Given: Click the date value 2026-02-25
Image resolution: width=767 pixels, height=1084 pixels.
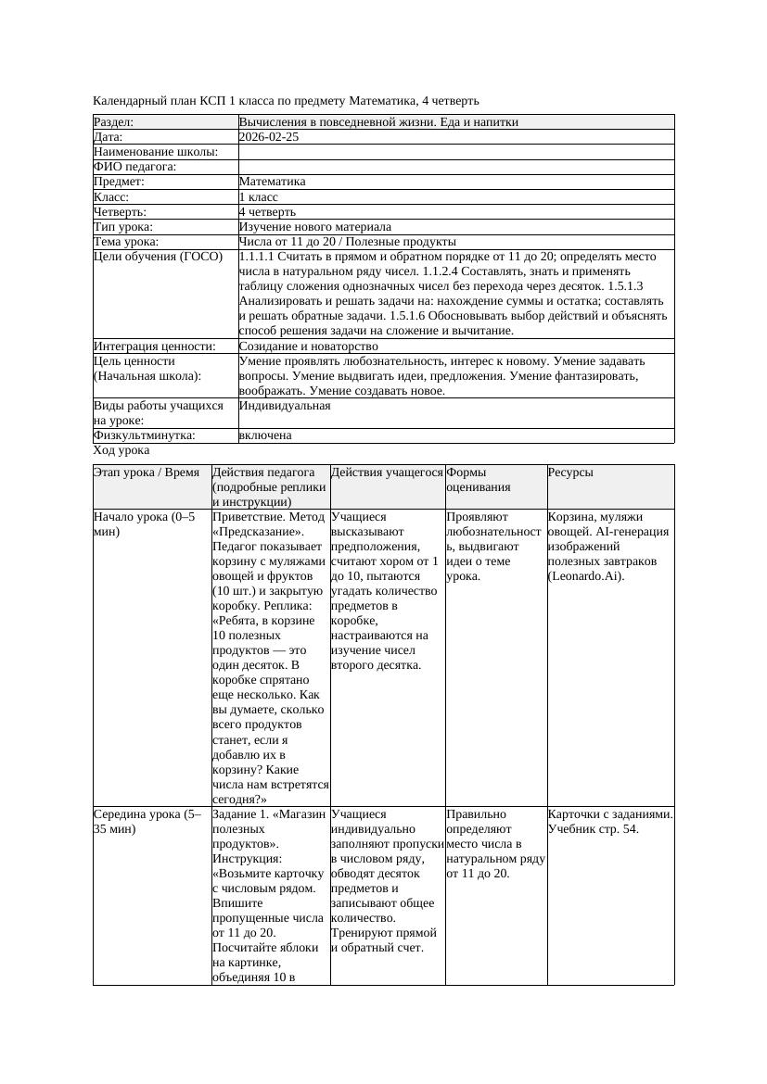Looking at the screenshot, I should [x=269, y=136].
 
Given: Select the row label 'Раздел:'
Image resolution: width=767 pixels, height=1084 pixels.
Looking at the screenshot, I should [x=114, y=121].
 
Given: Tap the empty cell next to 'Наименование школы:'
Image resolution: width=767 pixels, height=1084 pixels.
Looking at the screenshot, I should [x=455, y=151].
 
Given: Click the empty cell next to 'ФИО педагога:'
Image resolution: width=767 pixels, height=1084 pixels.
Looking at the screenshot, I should [x=455, y=166].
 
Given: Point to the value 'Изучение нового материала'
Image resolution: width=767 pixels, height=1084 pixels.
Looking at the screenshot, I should [x=314, y=226].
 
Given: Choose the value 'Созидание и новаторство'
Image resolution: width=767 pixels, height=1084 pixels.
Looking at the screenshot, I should [x=308, y=346].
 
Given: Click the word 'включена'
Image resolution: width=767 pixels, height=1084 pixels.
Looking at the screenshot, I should [x=265, y=435].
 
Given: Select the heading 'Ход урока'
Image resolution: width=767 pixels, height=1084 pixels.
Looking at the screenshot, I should [x=121, y=449].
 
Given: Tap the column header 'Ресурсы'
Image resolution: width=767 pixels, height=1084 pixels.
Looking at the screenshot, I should [x=570, y=472].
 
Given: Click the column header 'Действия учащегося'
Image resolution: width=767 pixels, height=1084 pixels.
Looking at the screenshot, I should [x=387, y=472].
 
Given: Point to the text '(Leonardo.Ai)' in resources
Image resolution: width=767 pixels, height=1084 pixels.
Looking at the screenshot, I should [x=586, y=575].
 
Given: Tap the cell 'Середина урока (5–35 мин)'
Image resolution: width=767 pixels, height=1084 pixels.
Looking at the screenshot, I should [x=147, y=821].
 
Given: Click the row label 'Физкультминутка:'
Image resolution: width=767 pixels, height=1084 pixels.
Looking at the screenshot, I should [x=144, y=435].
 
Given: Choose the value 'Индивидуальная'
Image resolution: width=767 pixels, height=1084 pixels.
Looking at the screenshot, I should [x=285, y=405].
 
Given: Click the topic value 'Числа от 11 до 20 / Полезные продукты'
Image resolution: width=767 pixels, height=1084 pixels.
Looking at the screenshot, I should [x=347, y=241].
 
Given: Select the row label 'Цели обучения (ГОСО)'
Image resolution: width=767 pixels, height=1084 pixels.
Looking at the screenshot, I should [x=158, y=256].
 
